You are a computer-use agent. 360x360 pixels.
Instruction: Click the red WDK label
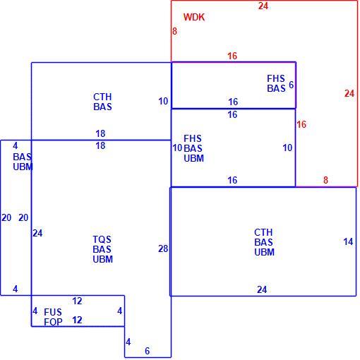point(194,17)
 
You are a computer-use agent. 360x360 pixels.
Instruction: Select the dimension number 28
point(163,248)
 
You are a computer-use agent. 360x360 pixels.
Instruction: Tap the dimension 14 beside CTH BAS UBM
point(348,241)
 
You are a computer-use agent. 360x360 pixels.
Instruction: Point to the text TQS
point(102,239)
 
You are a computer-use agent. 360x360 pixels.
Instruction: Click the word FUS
point(53,312)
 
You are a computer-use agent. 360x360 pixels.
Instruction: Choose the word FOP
point(53,322)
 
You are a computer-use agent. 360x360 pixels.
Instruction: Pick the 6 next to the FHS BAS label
point(292,85)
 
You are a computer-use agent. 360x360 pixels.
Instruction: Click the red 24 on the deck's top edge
point(263,6)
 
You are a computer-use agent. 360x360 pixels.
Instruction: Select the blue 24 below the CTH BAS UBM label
point(262,289)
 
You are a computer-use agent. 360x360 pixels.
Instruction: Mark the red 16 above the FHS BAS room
point(232,56)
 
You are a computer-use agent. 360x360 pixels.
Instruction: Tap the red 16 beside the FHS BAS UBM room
point(301,124)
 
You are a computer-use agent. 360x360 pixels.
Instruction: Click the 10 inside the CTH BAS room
point(163,102)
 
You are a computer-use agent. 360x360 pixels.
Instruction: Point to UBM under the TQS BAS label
point(103,259)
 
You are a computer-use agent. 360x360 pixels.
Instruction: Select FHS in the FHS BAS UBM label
point(193,138)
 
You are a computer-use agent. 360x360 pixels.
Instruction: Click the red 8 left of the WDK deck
point(174,31)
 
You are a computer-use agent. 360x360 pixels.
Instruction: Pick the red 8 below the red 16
point(325,180)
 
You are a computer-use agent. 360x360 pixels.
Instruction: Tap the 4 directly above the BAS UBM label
point(16,146)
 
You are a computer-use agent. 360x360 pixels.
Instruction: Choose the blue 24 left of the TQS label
point(37,233)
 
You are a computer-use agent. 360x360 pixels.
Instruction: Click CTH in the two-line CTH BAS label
point(102,97)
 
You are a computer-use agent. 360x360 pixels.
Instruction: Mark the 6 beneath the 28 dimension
point(148,351)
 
